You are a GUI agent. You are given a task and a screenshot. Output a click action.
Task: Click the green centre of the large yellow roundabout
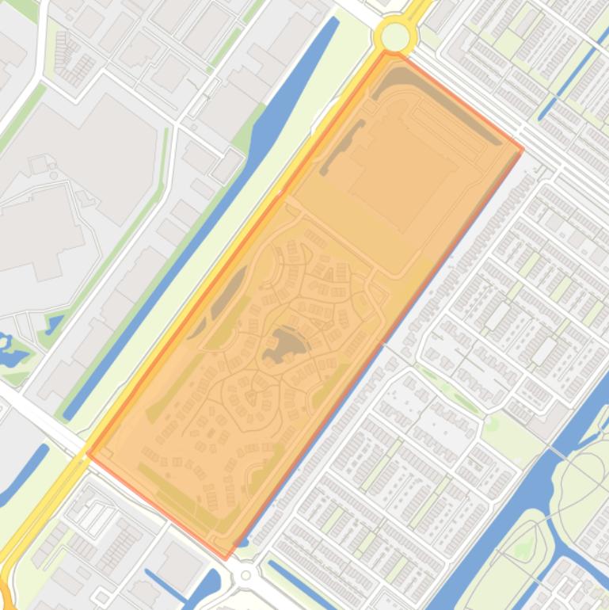tap(395, 36)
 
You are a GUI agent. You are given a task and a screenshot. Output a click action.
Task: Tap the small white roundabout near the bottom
tap(246, 574)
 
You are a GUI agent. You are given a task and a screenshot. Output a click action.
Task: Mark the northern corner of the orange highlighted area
tap(387, 54)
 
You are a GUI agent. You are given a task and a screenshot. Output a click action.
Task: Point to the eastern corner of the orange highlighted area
tap(523, 148)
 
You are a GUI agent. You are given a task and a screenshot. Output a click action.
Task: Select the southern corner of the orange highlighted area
tap(225, 559)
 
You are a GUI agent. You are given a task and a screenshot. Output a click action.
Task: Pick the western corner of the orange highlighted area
tap(87, 455)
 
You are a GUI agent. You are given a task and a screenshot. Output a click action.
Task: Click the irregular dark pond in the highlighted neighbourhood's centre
tap(282, 345)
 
